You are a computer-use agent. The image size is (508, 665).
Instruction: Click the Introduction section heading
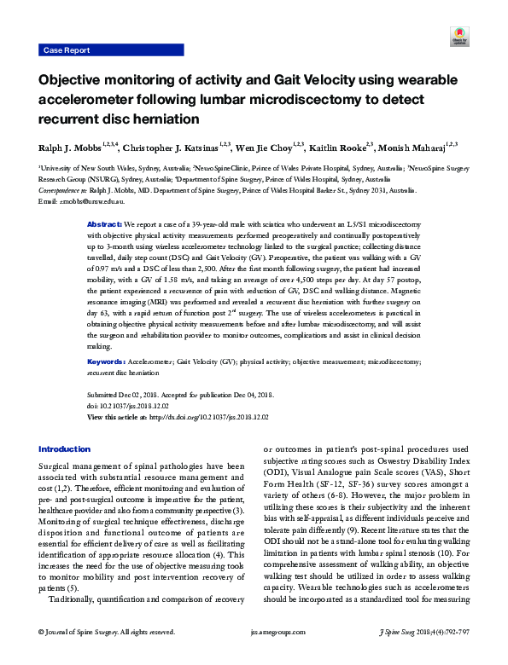65,449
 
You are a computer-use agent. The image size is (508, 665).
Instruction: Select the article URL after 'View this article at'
203,417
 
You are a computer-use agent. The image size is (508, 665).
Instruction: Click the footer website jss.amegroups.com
254,656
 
